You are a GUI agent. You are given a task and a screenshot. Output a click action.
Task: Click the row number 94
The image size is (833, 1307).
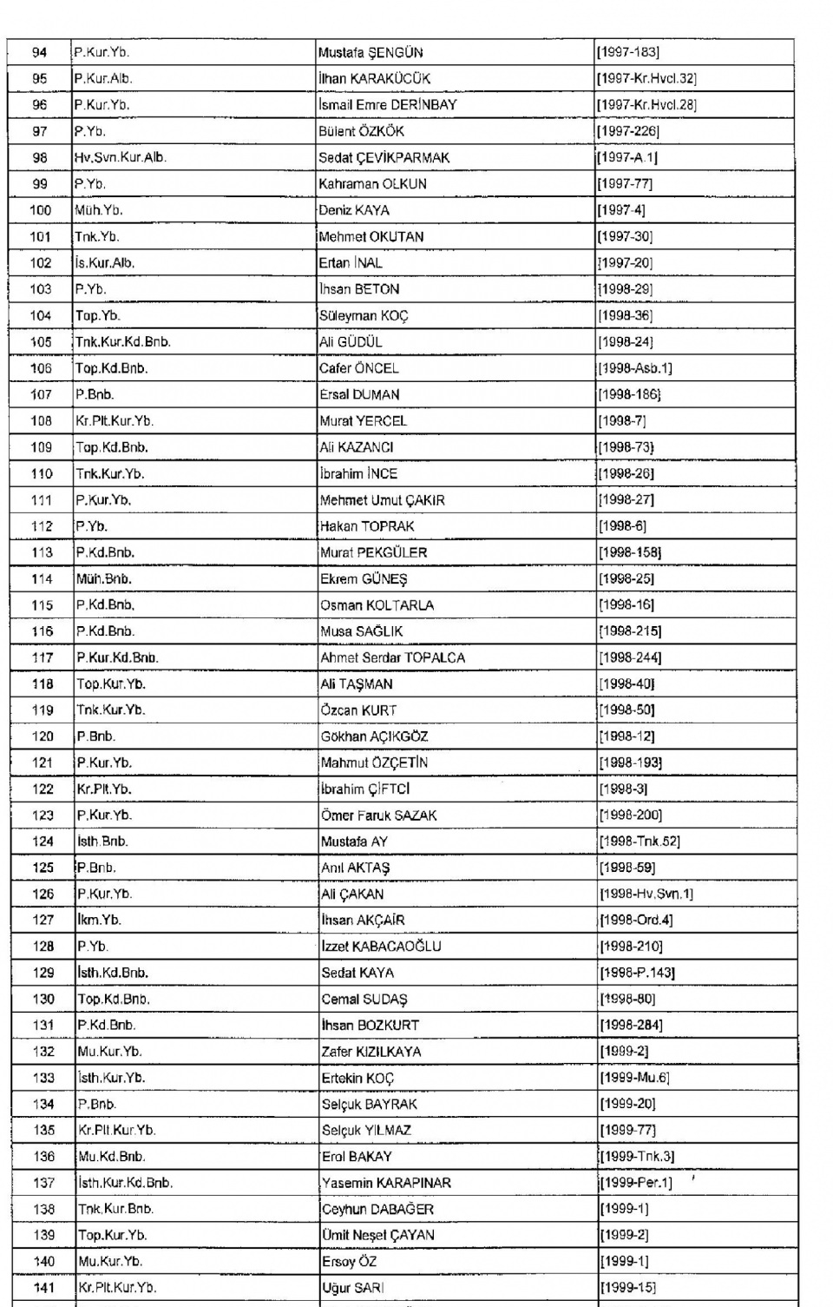click(x=40, y=52)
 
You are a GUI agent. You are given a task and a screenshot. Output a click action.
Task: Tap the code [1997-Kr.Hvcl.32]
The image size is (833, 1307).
click(x=646, y=79)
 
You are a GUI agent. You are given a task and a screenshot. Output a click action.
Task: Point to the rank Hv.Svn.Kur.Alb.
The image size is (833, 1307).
click(x=120, y=158)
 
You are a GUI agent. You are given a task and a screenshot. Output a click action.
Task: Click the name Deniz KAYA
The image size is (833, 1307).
click(x=354, y=210)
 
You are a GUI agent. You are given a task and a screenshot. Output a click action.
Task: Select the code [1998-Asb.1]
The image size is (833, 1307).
click(x=635, y=368)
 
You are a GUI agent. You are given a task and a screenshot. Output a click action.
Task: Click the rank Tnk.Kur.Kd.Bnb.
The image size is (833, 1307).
click(x=123, y=342)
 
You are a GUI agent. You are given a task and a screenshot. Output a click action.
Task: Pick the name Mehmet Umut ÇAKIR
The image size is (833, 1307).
click(x=382, y=500)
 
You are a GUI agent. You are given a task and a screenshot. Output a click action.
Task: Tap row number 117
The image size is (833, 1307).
click(x=43, y=657)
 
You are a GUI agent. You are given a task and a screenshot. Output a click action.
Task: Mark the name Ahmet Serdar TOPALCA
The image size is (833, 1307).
click(x=392, y=657)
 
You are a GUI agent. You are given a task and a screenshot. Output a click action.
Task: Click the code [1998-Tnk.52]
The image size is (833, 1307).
click(x=640, y=842)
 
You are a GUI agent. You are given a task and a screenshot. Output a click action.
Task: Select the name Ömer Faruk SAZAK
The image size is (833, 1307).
click(x=378, y=815)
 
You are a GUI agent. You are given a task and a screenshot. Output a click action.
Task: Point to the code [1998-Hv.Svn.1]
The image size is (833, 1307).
click(x=646, y=894)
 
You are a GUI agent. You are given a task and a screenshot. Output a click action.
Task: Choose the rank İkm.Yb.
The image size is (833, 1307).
click(x=99, y=920)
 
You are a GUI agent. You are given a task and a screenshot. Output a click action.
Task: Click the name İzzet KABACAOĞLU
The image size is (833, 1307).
click(x=381, y=947)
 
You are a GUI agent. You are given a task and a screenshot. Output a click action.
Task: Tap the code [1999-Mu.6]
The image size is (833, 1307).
click(x=634, y=1078)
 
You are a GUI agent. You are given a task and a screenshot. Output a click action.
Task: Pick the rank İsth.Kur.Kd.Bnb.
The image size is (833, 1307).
click(x=125, y=1183)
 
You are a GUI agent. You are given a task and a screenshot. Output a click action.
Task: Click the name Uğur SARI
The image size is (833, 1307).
click(x=352, y=1288)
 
